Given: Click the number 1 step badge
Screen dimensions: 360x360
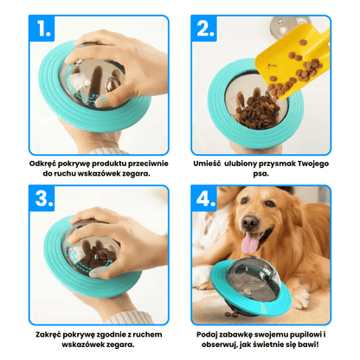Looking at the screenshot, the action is [42, 29].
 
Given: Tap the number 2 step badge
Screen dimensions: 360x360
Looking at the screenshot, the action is [204, 29].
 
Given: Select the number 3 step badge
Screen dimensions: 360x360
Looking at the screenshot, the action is [42, 198].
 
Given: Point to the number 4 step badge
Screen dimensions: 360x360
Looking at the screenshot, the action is [204, 198].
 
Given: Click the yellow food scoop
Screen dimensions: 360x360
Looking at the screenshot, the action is [292, 58].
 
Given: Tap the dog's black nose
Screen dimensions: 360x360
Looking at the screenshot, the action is [250, 222].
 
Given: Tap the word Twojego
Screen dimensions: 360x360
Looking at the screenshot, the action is [313, 164].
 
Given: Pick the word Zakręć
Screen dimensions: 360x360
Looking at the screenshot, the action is [48, 335].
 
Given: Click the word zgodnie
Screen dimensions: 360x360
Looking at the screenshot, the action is [112, 335].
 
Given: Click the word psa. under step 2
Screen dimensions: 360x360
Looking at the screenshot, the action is [261, 174].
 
